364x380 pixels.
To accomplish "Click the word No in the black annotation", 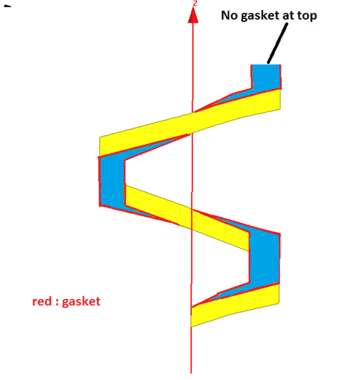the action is coord(230,15).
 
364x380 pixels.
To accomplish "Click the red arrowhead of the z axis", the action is coord(193,15).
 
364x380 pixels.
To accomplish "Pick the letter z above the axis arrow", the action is coord(195,3).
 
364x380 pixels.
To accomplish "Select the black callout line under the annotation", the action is coord(278,43).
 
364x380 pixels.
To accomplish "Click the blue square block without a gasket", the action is coord(266,77).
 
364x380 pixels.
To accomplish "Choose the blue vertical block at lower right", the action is coord(264,258).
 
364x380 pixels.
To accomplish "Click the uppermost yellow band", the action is coord(190,123).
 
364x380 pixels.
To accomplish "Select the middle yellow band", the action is coord(187,218).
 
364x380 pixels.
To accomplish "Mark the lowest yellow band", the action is coord(235,305).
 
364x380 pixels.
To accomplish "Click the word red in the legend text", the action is coord(42,301).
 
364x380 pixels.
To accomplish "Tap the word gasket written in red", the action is coord(81,302).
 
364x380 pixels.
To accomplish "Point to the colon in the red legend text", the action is coord(57,303).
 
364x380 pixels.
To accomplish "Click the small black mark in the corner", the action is coord(8,6).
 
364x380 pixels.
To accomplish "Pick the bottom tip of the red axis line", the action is coord(191,373).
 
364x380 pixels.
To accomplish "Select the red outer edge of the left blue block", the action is coord(100,181).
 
